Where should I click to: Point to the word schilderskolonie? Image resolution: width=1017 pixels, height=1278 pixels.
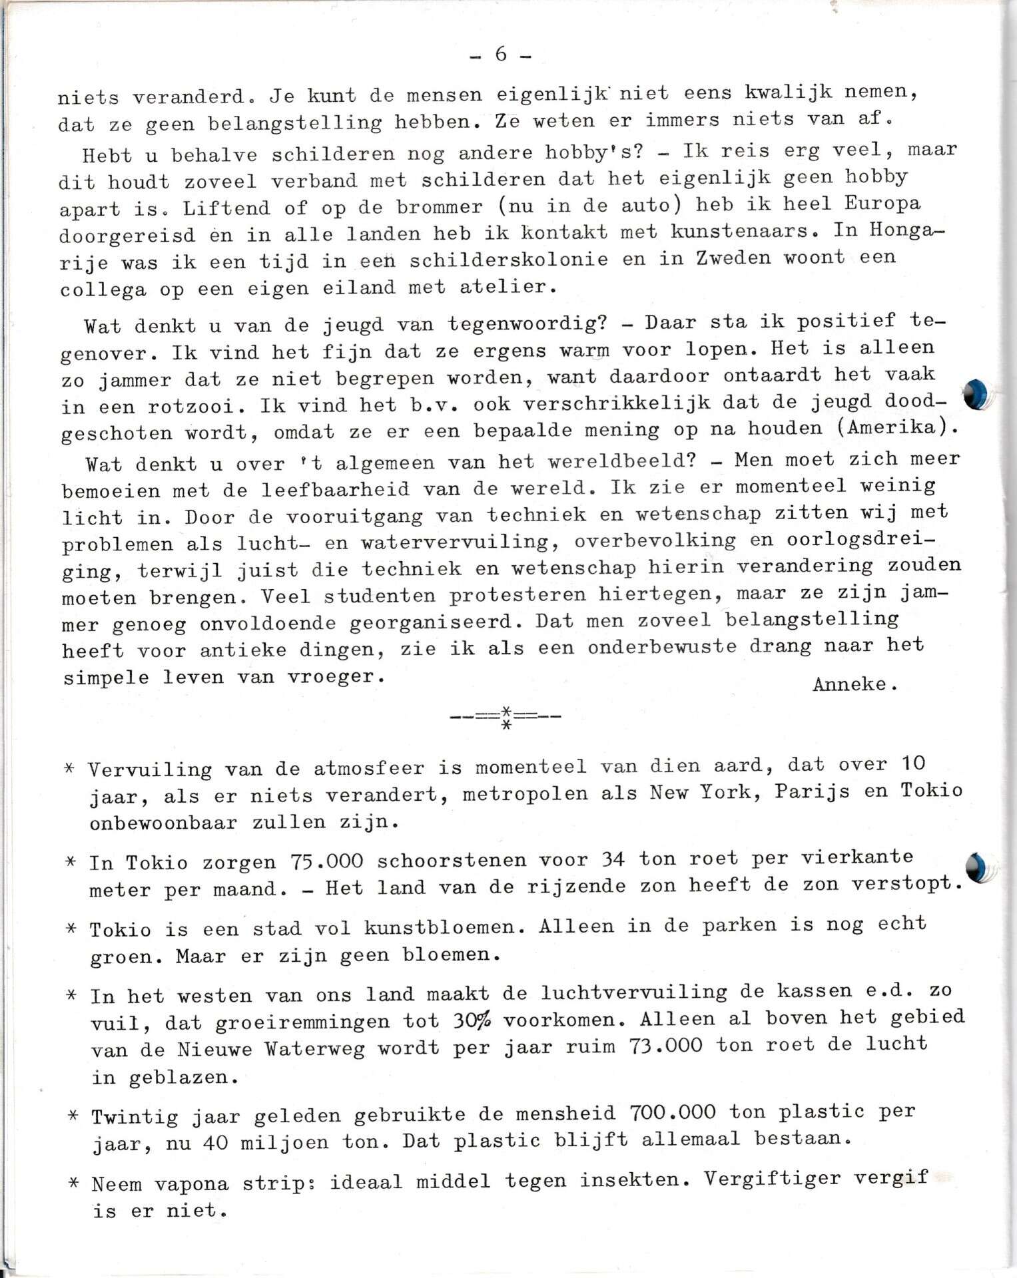coord(508,260)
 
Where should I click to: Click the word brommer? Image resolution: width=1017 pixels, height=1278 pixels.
coord(439,207)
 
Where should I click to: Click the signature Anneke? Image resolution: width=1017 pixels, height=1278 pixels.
coord(854,684)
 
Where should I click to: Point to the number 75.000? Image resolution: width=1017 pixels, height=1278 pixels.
coord(327,861)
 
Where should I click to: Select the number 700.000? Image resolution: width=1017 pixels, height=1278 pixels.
coord(672,1112)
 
